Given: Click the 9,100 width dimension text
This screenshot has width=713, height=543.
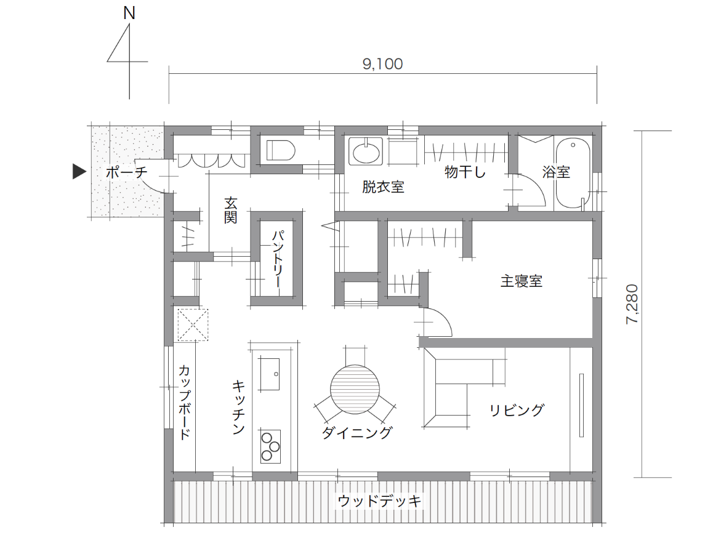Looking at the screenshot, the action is pyautogui.click(x=382, y=64).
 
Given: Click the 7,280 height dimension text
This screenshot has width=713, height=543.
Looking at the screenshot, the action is pyautogui.click(x=632, y=304).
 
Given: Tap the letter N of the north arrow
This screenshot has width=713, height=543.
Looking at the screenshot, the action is pyautogui.click(x=129, y=13).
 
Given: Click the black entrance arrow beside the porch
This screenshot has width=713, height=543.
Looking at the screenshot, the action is pyautogui.click(x=79, y=171).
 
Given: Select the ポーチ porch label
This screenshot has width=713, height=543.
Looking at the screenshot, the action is pyautogui.click(x=127, y=172).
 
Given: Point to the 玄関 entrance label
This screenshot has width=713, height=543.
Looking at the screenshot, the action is pyautogui.click(x=230, y=210).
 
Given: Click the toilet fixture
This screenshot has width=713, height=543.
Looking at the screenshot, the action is pyautogui.click(x=281, y=150).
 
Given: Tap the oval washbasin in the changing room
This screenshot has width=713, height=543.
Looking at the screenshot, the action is pyautogui.click(x=366, y=151).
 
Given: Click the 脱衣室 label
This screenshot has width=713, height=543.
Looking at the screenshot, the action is pyautogui.click(x=383, y=187).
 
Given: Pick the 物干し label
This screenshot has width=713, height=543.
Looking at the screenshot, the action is pyautogui.click(x=465, y=172).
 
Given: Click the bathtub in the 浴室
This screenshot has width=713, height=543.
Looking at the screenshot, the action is pyautogui.click(x=573, y=173).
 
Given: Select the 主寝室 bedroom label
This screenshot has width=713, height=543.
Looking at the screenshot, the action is pyautogui.click(x=521, y=281).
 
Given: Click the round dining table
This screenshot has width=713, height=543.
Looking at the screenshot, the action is pyautogui.click(x=355, y=389).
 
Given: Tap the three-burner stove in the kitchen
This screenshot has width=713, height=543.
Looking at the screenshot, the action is pyautogui.click(x=270, y=446).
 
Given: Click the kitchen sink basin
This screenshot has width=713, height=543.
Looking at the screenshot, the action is pyautogui.click(x=270, y=374).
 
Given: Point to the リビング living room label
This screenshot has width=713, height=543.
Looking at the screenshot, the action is pyautogui.click(x=517, y=410).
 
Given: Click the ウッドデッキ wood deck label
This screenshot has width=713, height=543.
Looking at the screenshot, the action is pyautogui.click(x=379, y=501).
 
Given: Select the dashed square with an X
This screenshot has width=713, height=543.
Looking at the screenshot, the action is pyautogui.click(x=193, y=324).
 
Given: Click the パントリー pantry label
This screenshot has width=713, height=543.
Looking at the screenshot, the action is pyautogui.click(x=278, y=259).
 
